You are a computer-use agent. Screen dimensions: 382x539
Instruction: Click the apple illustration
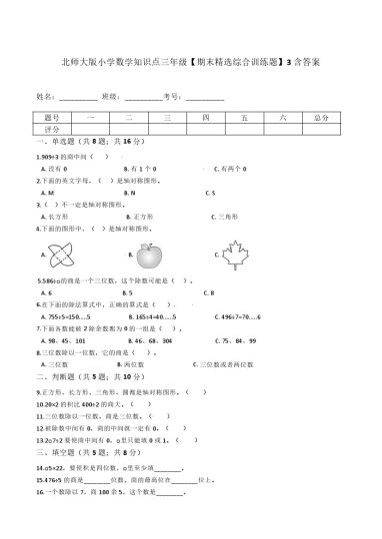point(149,255)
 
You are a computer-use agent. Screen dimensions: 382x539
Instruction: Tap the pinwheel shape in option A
point(62,256)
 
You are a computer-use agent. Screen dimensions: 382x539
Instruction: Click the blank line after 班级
point(142,98)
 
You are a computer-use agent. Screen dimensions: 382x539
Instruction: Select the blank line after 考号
point(204,98)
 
